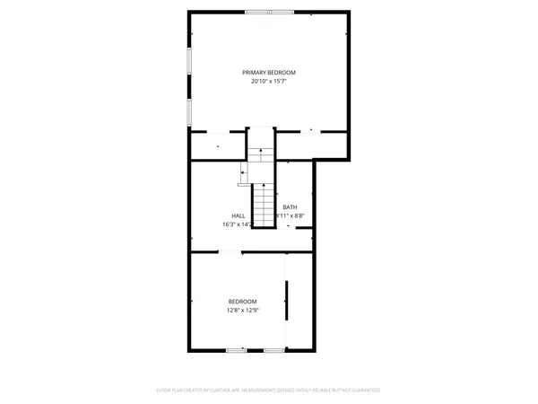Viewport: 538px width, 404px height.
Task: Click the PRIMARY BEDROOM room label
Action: pos(268,72)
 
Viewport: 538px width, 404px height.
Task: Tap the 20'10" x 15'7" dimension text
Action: pos(268,82)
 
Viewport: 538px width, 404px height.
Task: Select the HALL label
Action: pos(239,215)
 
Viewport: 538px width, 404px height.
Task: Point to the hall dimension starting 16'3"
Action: pos(236,224)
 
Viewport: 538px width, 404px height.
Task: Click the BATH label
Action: pos(290,207)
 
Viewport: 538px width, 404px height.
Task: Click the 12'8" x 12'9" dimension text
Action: pos(242,311)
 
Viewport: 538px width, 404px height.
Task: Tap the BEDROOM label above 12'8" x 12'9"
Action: pos(242,301)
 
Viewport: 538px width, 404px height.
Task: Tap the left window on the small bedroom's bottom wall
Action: pos(236,350)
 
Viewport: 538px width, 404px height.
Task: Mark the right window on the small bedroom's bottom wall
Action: pos(273,350)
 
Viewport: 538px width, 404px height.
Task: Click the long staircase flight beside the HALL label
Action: pos(262,205)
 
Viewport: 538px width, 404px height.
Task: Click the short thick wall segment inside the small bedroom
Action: pos(287,306)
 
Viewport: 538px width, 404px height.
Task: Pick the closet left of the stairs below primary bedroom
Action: pos(218,144)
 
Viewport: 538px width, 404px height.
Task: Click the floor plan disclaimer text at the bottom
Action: pos(268,391)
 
